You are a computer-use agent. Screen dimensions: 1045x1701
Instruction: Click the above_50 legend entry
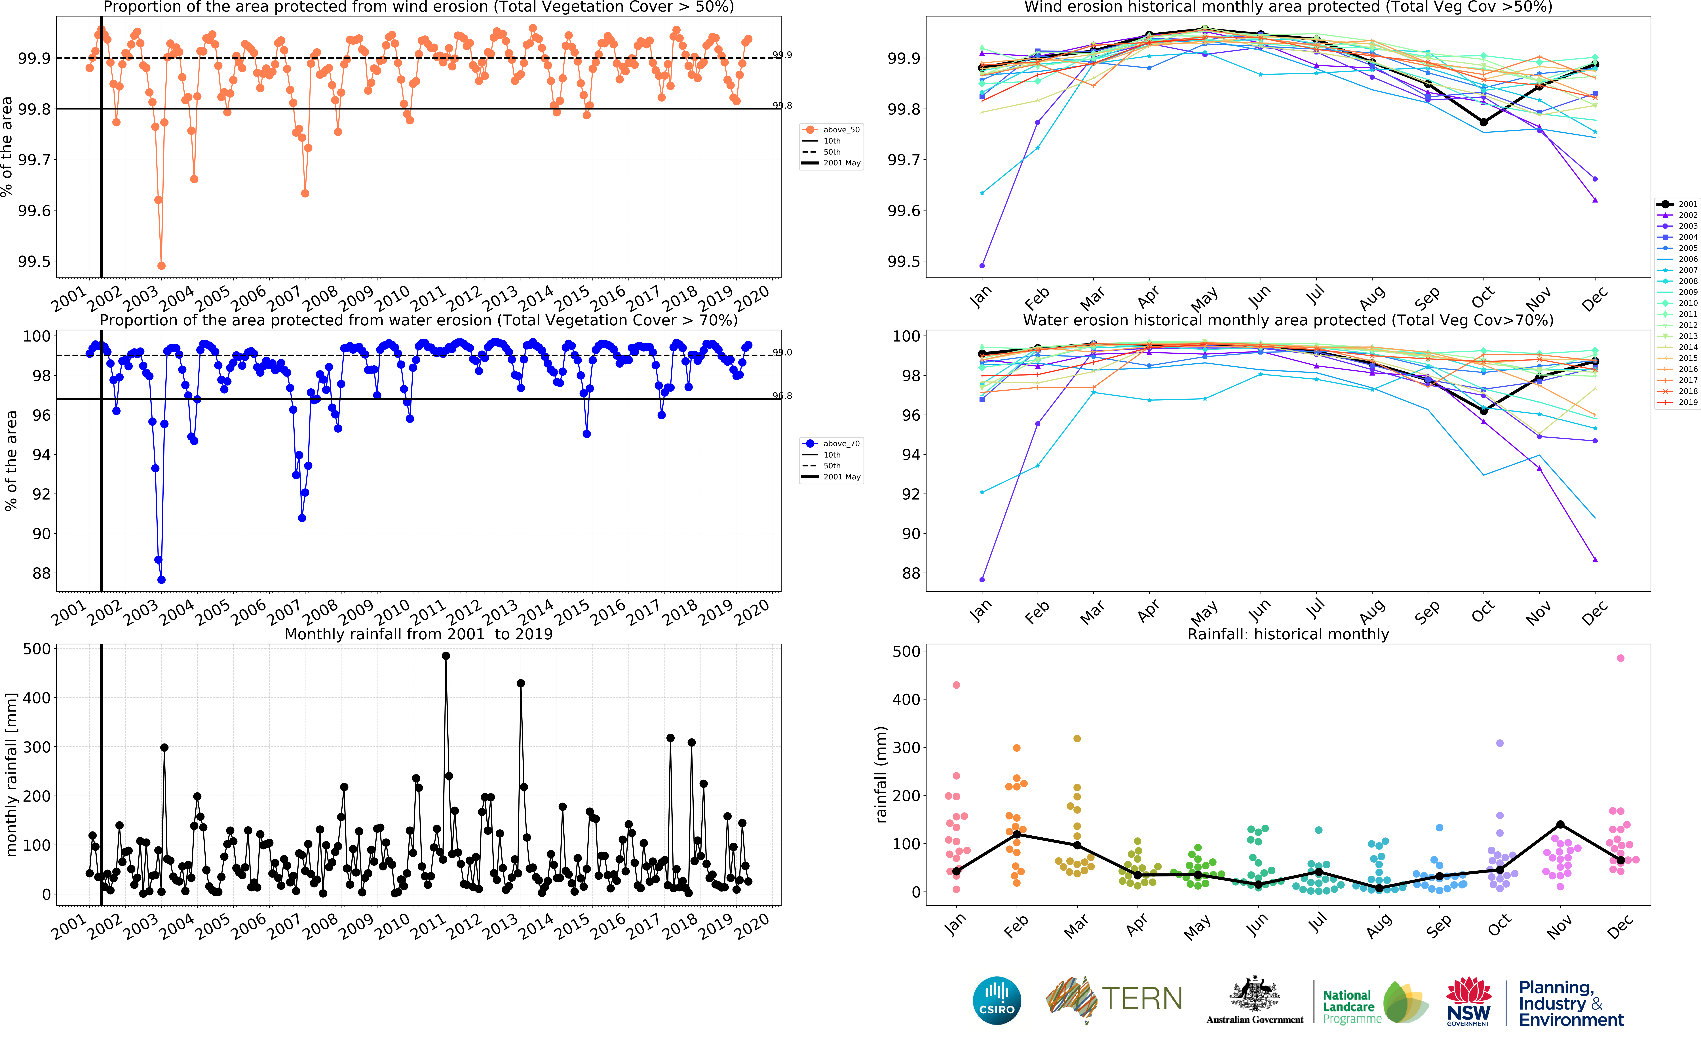pyautogui.click(x=831, y=130)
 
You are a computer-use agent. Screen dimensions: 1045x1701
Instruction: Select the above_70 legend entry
pyautogui.click(x=831, y=444)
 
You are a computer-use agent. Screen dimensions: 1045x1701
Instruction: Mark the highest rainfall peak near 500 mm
pyautogui.click(x=446, y=656)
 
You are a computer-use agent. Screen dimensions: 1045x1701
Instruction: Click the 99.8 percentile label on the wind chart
pyautogui.click(x=782, y=106)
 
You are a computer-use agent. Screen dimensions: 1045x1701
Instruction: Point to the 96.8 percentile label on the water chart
pyautogui.click(x=782, y=396)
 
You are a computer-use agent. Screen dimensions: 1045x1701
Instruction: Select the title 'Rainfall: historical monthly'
pyautogui.click(x=1288, y=635)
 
